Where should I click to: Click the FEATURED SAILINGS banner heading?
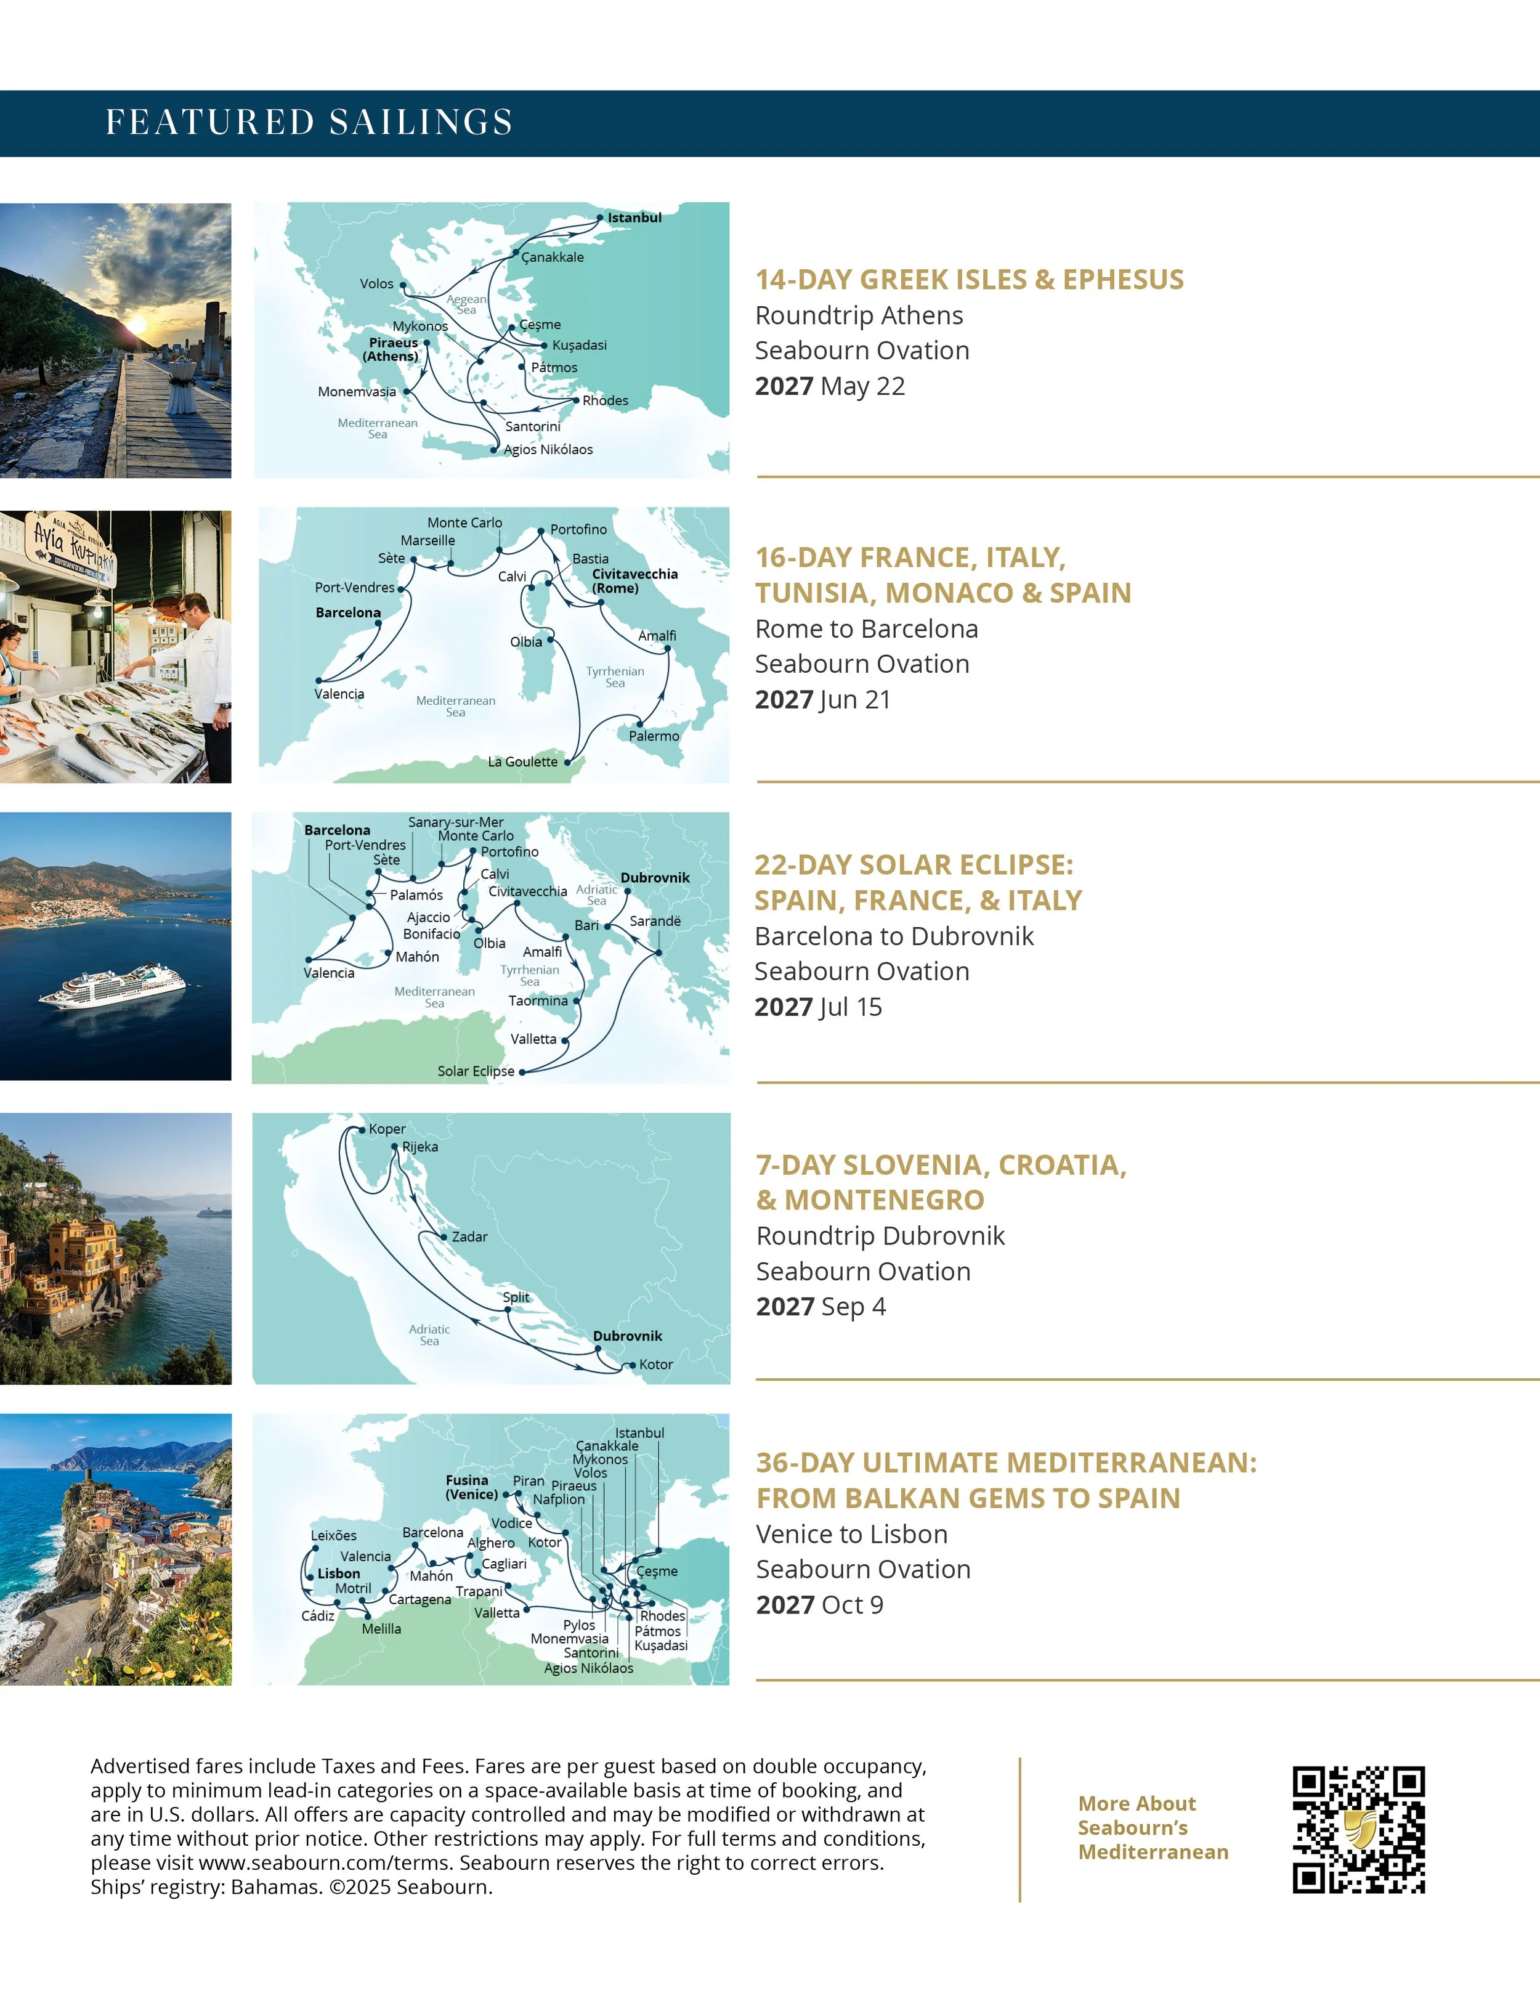(309, 122)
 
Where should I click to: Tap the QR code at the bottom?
(1358, 1830)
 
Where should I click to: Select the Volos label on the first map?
(376, 284)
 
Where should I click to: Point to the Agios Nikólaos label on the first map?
(548, 450)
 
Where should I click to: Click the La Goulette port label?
(522, 762)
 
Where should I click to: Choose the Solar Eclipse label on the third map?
(476, 1071)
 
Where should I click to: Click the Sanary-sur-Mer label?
(455, 822)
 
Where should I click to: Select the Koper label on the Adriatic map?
(387, 1129)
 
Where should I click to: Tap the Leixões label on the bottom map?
(333, 1536)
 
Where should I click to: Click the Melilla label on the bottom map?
(381, 1629)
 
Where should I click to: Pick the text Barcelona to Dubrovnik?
(893, 936)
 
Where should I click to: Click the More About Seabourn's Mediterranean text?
(1153, 1828)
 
